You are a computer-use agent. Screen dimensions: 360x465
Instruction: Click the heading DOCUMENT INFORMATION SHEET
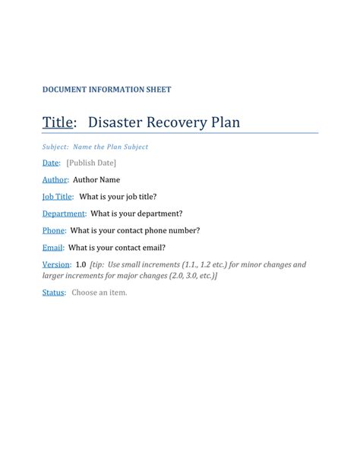coord(106,90)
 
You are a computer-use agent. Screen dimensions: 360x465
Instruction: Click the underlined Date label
coord(51,163)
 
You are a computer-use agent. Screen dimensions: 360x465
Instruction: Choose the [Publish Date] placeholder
coord(91,163)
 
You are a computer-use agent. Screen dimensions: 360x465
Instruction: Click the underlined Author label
coord(55,180)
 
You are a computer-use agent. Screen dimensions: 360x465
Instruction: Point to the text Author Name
coord(96,180)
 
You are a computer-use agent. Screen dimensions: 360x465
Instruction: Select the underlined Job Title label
coord(58,197)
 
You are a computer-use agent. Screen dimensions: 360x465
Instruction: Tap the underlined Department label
coord(64,214)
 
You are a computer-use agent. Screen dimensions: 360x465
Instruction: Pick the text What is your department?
coord(137,214)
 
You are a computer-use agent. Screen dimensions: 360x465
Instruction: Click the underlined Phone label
coord(53,230)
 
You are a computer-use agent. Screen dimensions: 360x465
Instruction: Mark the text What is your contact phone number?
coord(135,230)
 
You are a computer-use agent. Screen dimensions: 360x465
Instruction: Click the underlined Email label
coord(52,248)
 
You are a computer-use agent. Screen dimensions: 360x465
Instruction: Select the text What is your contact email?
coord(117,248)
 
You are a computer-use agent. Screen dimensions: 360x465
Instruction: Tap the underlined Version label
coord(55,264)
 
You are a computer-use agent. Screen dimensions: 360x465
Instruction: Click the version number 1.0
coord(81,264)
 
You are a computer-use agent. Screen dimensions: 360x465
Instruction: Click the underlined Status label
coord(53,293)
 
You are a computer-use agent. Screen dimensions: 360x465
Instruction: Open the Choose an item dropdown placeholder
coord(99,293)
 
